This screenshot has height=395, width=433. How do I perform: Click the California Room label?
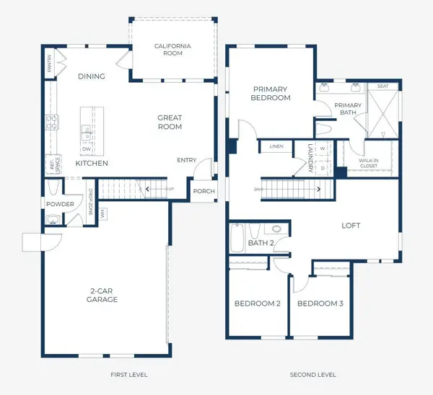(173, 50)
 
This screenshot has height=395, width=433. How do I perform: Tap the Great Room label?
(170, 123)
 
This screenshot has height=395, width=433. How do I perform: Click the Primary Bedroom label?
(271, 93)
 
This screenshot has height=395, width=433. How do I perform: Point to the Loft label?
(351, 226)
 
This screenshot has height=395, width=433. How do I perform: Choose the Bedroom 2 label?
(257, 303)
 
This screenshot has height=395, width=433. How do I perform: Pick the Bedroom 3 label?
(320, 303)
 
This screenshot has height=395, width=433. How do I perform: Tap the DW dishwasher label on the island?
(86, 149)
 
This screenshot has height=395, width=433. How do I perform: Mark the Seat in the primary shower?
(382, 86)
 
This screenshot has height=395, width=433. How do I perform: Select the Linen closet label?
(276, 147)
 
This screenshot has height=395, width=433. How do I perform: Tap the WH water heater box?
(103, 213)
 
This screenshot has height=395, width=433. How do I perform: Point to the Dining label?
(91, 76)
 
